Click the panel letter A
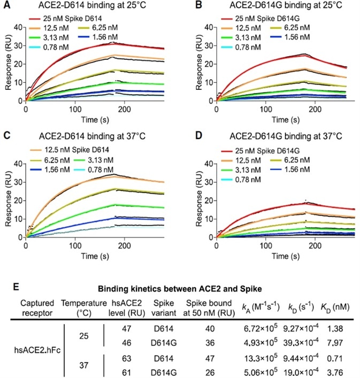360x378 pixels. [7, 6]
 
